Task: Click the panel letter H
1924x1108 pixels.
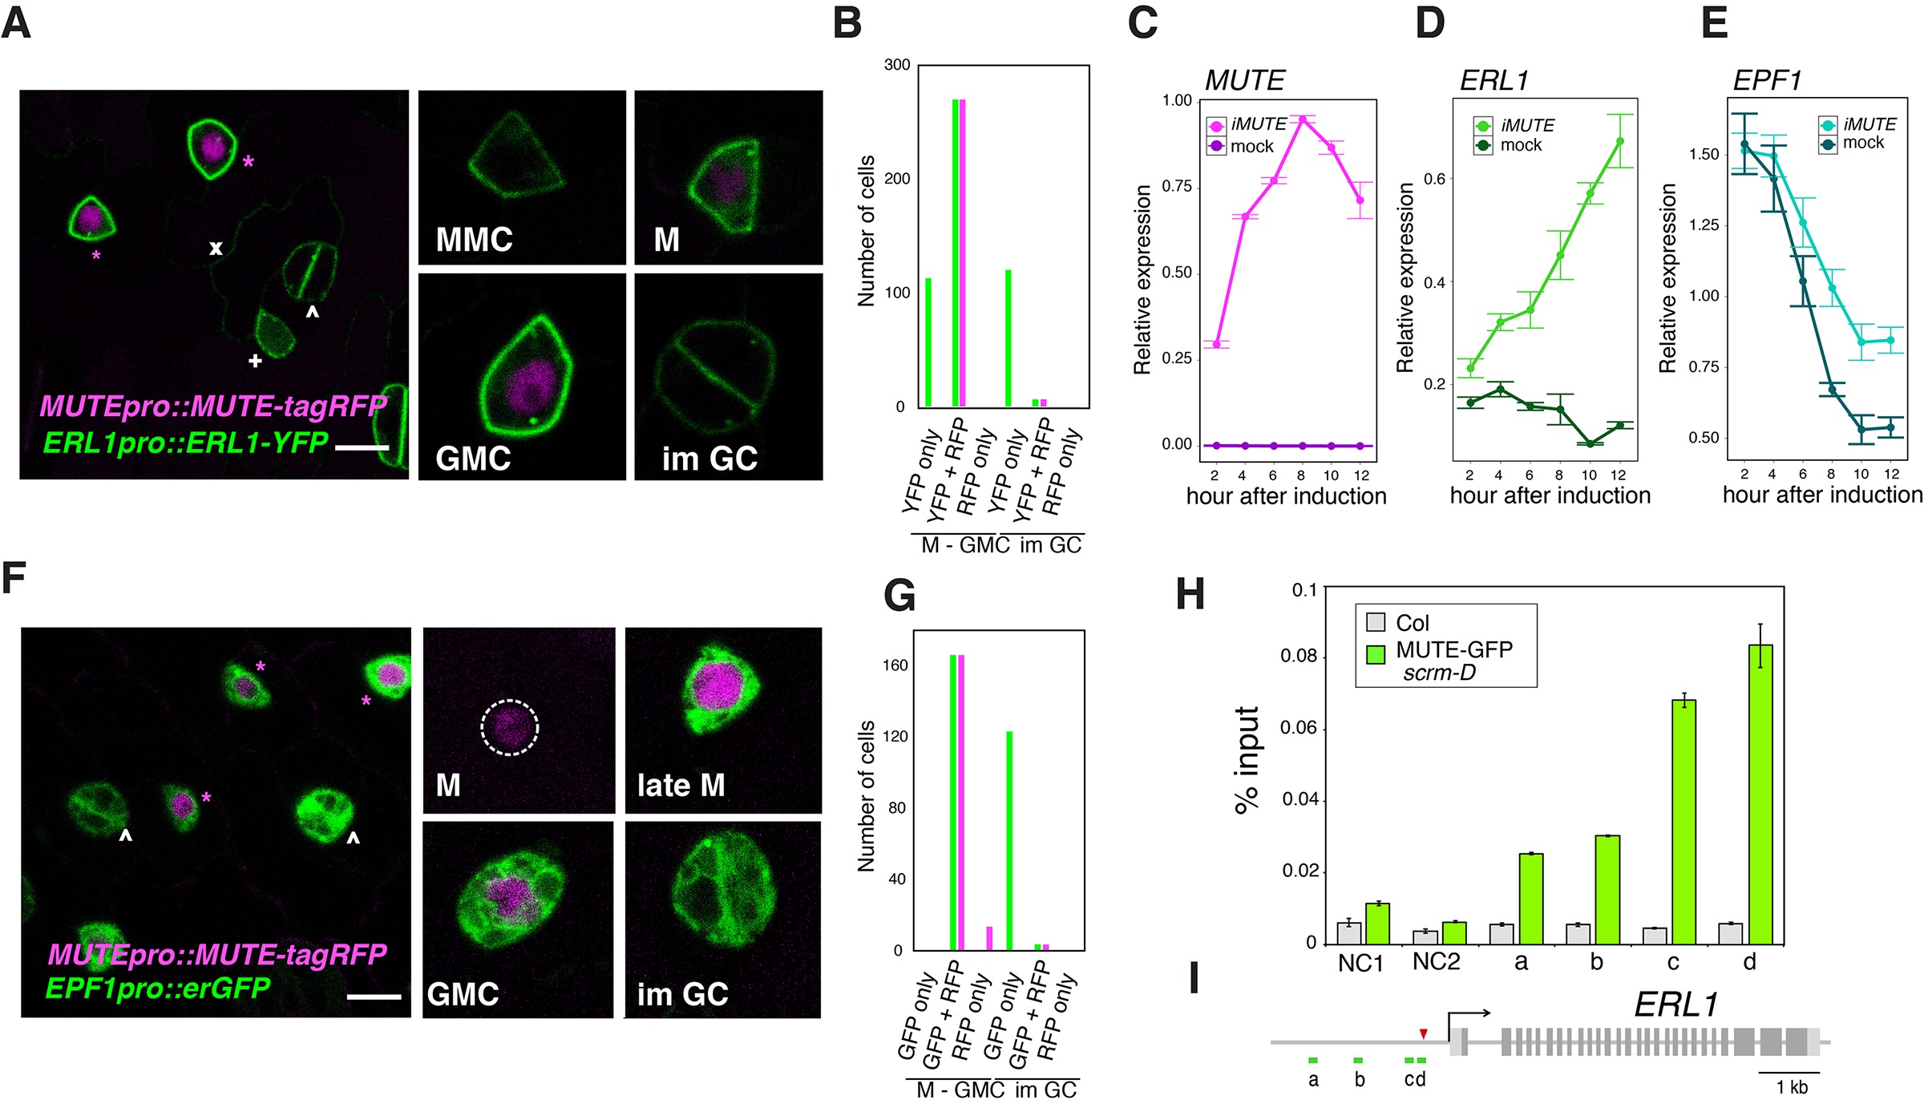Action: pyautogui.click(x=1190, y=595)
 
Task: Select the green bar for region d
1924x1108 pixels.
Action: pyautogui.click(x=1760, y=794)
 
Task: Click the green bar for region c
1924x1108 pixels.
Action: pyautogui.click(x=1683, y=821)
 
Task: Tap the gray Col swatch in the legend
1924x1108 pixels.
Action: pyautogui.click(x=1376, y=622)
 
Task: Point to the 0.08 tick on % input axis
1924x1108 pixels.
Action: pyautogui.click(x=1299, y=657)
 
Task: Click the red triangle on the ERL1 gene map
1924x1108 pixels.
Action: pyautogui.click(x=1423, y=1033)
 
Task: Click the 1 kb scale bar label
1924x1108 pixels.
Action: pyautogui.click(x=1792, y=1087)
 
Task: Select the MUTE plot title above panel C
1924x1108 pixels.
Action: pyautogui.click(x=1244, y=80)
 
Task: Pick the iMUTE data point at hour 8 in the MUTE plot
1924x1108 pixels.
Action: pyautogui.click(x=1303, y=119)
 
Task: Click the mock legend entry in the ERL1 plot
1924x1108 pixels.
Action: pyautogui.click(x=1520, y=145)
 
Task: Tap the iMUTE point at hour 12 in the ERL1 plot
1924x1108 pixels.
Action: pyautogui.click(x=1620, y=141)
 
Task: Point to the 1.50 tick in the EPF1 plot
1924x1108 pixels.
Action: pyautogui.click(x=1704, y=154)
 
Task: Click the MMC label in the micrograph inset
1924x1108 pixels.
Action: pyautogui.click(x=474, y=239)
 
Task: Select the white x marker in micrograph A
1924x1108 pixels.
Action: pyautogui.click(x=216, y=249)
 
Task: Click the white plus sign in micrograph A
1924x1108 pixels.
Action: pyautogui.click(x=255, y=361)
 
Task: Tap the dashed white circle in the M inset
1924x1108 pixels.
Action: pyautogui.click(x=510, y=728)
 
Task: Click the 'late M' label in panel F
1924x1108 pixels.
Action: pyautogui.click(x=681, y=785)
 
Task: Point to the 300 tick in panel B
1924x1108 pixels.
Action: pyautogui.click(x=897, y=65)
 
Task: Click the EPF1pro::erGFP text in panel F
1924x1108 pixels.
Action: pyautogui.click(x=158, y=988)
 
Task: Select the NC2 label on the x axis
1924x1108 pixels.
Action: pyautogui.click(x=1436, y=961)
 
